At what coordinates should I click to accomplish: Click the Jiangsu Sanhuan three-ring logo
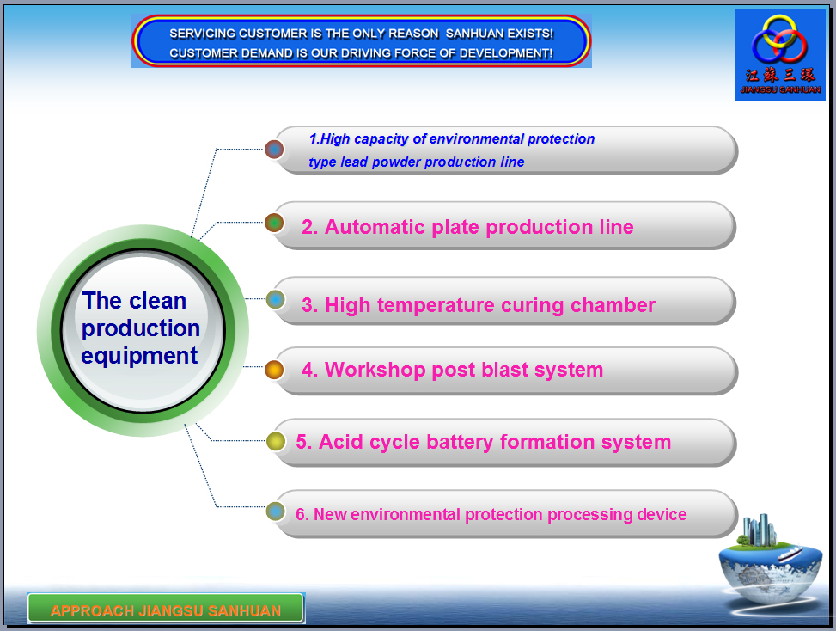coord(779,39)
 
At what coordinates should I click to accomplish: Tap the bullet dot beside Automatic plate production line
coord(274,223)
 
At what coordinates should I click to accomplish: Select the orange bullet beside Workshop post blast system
coord(274,369)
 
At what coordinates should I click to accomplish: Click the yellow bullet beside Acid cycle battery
coord(276,441)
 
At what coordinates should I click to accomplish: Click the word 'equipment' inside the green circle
coord(139,356)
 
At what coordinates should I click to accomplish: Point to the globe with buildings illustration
coord(770,563)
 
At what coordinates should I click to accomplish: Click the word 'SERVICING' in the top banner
coord(203,34)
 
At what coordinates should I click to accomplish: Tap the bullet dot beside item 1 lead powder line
coord(274,150)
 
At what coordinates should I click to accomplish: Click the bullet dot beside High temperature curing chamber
coord(275,299)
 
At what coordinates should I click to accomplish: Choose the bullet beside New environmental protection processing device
coord(275,511)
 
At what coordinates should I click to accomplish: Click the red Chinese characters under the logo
coord(780,75)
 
